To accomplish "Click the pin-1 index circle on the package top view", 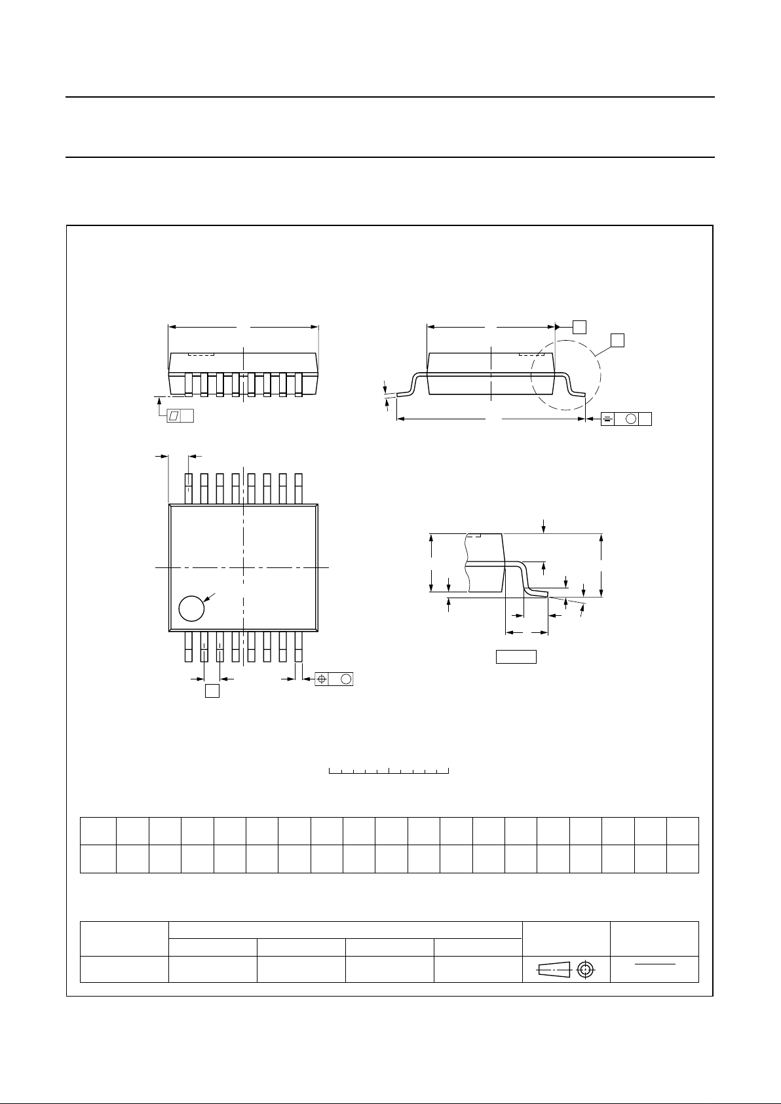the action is [x=191, y=608].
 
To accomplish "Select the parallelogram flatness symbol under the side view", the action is [x=174, y=415].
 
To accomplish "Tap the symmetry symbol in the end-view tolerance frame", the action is [x=607, y=419].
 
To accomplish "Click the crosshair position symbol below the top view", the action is [x=322, y=679].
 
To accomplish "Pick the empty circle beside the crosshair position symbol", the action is [x=346, y=679].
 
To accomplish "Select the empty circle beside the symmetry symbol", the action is [x=632, y=419].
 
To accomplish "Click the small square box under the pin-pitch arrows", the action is [x=212, y=691].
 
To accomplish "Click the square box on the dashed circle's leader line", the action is [x=617, y=339].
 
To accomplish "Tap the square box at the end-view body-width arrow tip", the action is [x=579, y=326].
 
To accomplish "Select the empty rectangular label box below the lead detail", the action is [x=516, y=657].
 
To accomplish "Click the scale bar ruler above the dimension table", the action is [x=389, y=771].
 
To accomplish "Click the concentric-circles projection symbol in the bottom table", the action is [x=586, y=970].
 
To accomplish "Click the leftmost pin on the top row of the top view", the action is [x=189, y=488].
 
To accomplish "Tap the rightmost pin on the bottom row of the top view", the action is [x=299, y=647].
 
